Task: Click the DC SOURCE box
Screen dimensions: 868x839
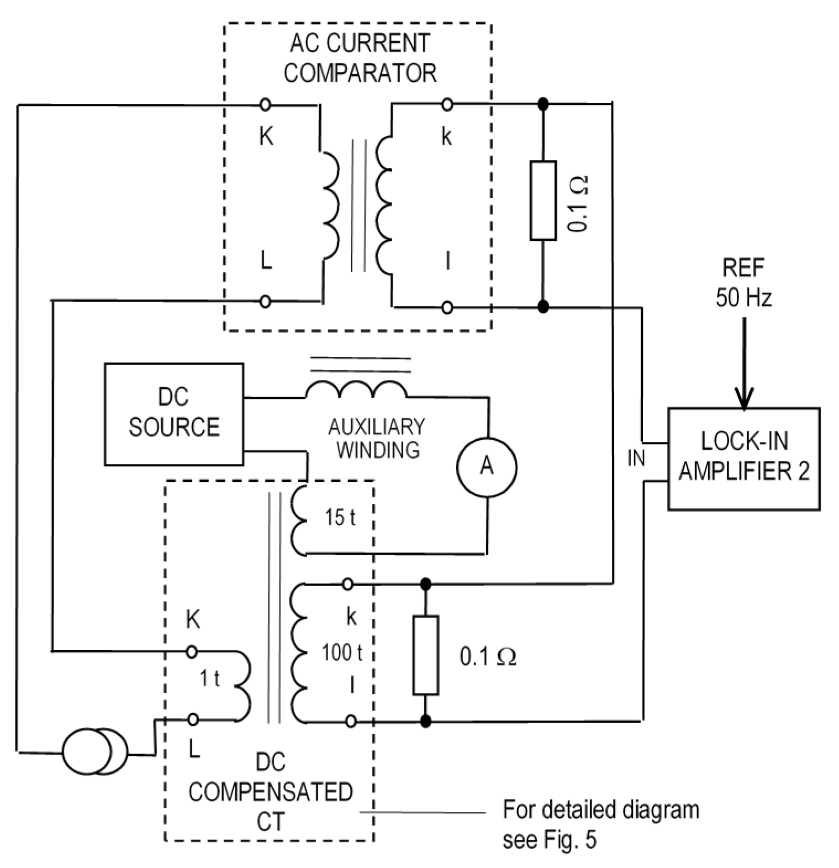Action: pyautogui.click(x=174, y=414)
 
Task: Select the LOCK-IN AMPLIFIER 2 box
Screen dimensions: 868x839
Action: pyautogui.click(x=743, y=458)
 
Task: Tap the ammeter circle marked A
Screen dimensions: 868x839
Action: pyautogui.click(x=487, y=467)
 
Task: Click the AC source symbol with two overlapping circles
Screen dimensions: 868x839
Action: pyautogui.click(x=95, y=753)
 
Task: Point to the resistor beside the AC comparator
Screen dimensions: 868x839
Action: pyautogui.click(x=543, y=201)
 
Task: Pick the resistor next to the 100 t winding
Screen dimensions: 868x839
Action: pyautogui.click(x=426, y=655)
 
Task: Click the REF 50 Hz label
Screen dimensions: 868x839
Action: pyautogui.click(x=743, y=283)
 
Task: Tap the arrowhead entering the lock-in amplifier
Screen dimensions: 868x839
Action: pyautogui.click(x=744, y=400)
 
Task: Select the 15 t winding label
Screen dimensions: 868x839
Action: pyautogui.click(x=339, y=518)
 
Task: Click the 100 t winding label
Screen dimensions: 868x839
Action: pyautogui.click(x=342, y=653)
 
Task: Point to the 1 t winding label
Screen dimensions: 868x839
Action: pyautogui.click(x=209, y=678)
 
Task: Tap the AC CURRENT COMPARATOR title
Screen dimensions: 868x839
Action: pyautogui.click(x=360, y=58)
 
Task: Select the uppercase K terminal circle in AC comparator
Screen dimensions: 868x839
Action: pyautogui.click(x=265, y=104)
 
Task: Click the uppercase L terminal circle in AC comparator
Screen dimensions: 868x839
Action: pyautogui.click(x=265, y=301)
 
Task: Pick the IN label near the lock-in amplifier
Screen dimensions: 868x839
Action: pyautogui.click(x=636, y=458)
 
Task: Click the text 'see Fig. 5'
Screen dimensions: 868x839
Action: pyautogui.click(x=549, y=840)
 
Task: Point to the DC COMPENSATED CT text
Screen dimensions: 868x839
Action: pyautogui.click(x=271, y=792)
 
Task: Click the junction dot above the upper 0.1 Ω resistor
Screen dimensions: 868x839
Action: pyautogui.click(x=543, y=104)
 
